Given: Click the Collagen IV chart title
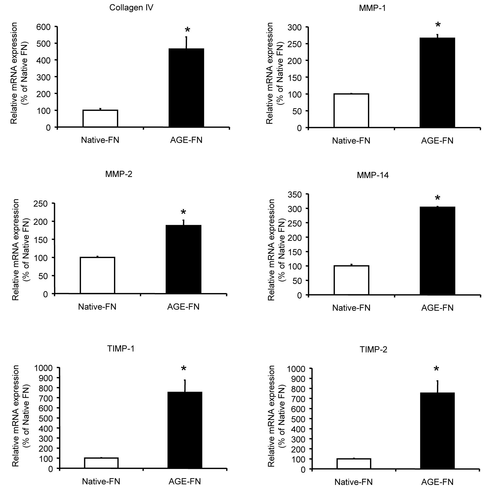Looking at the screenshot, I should coord(131,8).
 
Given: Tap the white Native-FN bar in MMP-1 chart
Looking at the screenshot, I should coord(351,111).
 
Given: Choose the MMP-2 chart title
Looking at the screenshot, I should coord(119,174).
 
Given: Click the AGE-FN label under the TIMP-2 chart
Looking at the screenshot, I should coord(437,482).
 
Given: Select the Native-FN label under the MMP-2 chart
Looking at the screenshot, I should coord(97,307).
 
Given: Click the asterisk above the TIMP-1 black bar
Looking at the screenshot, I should coord(184,369).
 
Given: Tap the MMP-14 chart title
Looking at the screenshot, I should coord(373,175).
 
